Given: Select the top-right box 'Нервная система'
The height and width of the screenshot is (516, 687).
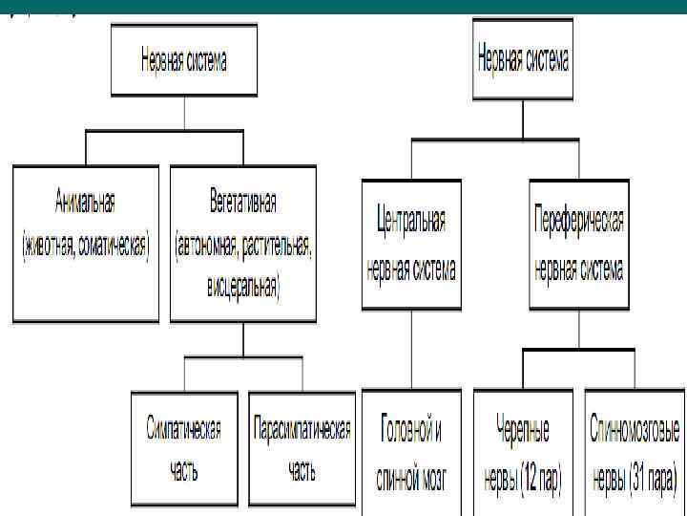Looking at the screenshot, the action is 522,60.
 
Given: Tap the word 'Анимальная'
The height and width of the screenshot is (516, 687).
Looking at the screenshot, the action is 85,203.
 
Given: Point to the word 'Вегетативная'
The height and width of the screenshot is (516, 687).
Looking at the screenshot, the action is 243,203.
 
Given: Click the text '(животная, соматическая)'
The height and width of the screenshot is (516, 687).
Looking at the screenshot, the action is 85,245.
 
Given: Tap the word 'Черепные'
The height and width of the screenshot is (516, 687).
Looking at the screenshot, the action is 523,430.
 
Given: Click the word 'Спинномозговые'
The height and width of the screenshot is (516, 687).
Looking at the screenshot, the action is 635,430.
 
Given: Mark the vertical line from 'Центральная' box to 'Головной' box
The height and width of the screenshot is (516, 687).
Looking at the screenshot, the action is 410,348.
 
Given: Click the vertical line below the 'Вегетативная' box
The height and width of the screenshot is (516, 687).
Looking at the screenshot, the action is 243,339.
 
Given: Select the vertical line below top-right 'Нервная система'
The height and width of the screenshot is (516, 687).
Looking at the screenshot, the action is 522,119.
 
